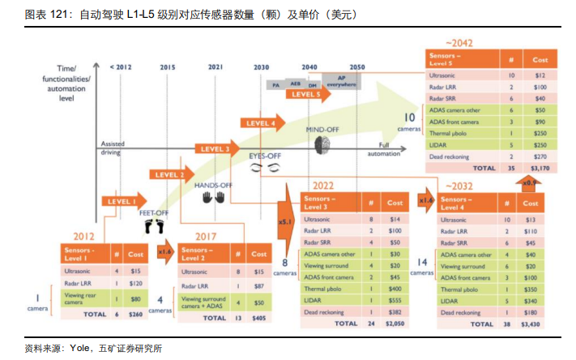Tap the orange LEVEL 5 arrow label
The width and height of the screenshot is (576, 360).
[306, 94]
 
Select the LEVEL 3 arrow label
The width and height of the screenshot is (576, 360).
[215, 148]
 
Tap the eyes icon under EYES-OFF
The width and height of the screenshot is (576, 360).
[264, 167]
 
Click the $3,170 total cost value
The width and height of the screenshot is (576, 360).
[540, 169]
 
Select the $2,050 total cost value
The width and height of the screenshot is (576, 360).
[395, 323]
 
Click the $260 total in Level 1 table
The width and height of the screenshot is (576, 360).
[134, 312]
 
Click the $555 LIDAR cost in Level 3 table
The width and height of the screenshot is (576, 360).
[395, 300]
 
